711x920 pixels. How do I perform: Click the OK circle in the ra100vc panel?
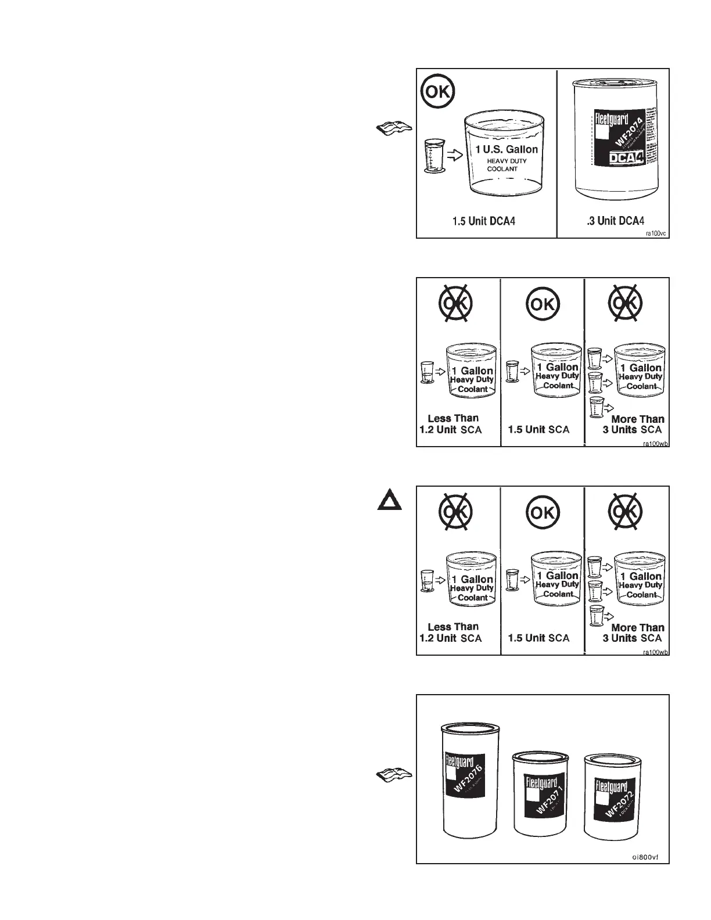point(439,91)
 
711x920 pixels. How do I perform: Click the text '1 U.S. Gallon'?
point(507,149)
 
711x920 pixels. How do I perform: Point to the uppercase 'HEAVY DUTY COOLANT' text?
point(503,165)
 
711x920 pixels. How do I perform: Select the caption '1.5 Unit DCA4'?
point(484,221)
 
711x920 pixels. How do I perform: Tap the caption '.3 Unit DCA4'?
point(615,221)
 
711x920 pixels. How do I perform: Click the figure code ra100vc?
point(655,233)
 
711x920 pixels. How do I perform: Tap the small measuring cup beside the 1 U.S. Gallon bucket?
point(433,156)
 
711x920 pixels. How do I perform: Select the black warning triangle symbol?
point(389,500)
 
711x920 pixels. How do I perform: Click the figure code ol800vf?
point(645,857)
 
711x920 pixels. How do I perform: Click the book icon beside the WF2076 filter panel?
point(394,774)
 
